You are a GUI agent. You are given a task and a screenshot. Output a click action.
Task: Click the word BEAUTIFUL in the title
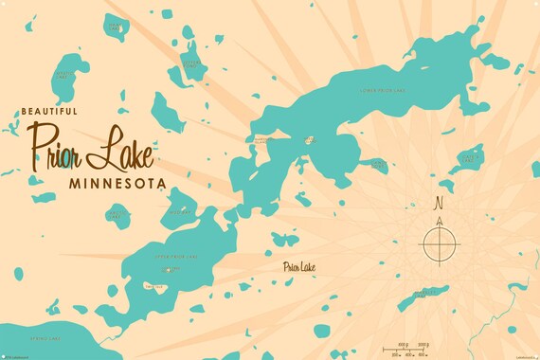[x=46, y=112]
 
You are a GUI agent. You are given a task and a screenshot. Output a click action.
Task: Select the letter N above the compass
[x=438, y=202]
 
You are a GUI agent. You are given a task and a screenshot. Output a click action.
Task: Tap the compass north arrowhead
[x=439, y=221]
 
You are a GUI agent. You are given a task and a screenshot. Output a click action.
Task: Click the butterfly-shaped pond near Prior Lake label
[x=282, y=239]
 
